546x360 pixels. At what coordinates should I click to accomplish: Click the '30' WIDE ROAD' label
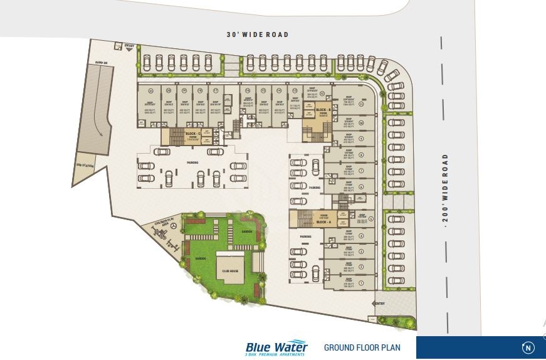coord(258,34)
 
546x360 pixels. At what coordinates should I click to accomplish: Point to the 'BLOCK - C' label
coord(192,134)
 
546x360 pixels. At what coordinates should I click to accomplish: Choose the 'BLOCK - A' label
coord(323,223)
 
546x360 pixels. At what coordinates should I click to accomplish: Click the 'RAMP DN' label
coord(100,63)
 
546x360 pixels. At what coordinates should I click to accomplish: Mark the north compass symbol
coord(528,347)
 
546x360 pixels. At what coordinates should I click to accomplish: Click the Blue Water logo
coord(276,347)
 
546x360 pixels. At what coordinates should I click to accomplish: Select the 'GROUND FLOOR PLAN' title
coord(362,347)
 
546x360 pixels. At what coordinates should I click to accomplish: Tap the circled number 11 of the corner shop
coord(370,104)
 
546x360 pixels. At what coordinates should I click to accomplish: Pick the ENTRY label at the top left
coord(130,46)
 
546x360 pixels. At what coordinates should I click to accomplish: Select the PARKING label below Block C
coord(192,162)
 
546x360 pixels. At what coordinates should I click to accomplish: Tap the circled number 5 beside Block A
coord(370,218)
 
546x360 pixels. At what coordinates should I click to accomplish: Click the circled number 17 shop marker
coord(215,91)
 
